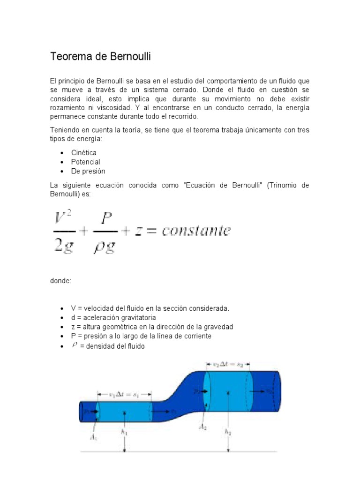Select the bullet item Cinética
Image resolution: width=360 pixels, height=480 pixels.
coord(84,153)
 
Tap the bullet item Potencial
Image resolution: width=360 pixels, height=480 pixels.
coord(85,162)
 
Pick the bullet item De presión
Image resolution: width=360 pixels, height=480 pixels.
coord(88,171)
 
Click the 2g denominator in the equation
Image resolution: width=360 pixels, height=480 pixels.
coord(63,246)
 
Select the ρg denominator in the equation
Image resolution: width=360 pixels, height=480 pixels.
coord(105,246)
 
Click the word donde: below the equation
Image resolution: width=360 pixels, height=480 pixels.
coord(61,281)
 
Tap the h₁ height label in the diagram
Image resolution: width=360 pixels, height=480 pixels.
coord(124,433)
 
